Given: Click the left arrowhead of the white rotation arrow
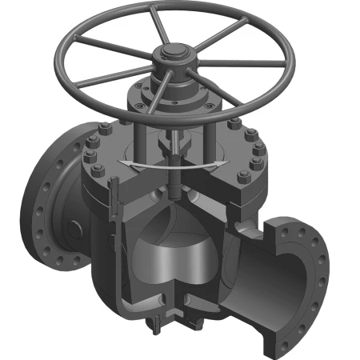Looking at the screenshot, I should point(122,163).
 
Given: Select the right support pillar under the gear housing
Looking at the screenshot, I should point(210,136).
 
